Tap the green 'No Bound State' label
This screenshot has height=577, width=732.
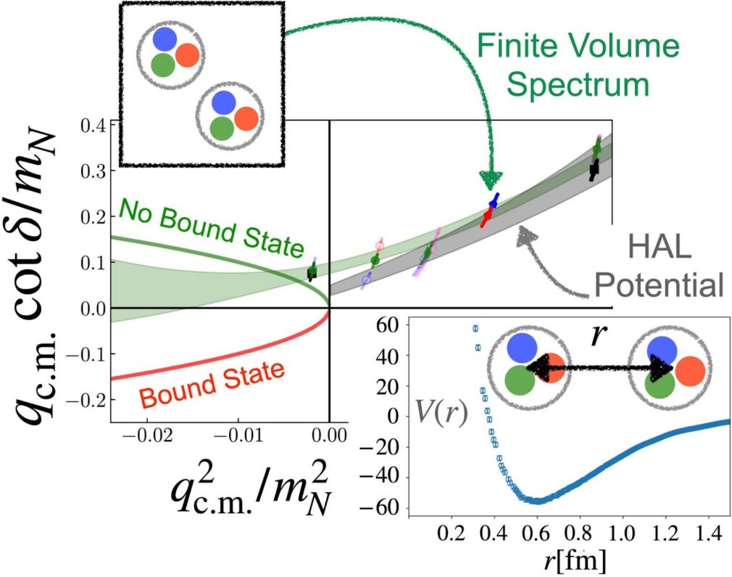coord(209,226)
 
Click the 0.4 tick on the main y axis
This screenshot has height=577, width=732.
coord(94,125)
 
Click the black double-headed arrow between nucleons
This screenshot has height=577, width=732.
coord(599,368)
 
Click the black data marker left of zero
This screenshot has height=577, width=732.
coord(312,273)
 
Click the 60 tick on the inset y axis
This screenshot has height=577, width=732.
coord(389,325)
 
